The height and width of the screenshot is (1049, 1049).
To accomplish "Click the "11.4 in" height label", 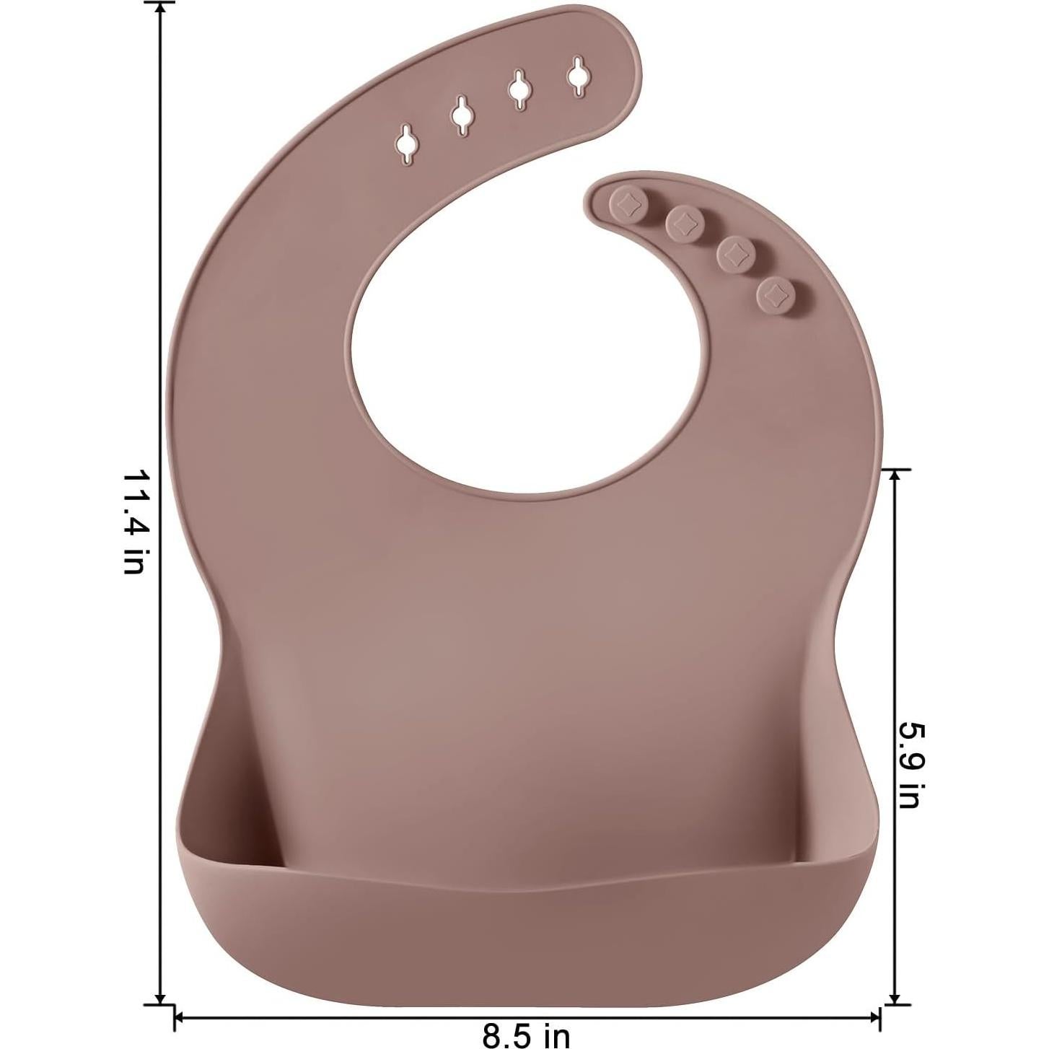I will pos(135,522).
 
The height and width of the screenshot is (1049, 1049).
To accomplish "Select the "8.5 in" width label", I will pos(526,1035).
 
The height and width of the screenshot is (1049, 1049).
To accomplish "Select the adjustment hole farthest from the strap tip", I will pos(408,144).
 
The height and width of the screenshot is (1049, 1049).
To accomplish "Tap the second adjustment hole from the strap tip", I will pos(518,89).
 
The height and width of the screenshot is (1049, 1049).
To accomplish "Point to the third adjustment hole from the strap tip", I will pos(462,114).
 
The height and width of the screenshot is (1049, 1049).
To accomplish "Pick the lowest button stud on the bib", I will pos(776,293).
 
